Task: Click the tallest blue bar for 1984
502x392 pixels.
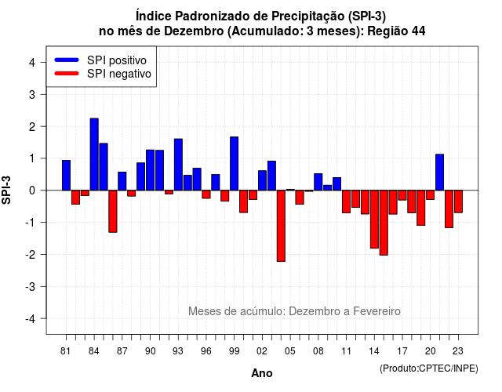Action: (94, 154)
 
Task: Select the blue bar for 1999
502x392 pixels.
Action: (234, 164)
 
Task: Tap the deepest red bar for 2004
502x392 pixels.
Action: (281, 226)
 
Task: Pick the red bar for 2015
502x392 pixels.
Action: (384, 223)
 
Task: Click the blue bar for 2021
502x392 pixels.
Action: (439, 172)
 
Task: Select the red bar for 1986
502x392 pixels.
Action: (113, 211)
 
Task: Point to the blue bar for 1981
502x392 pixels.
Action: (66, 176)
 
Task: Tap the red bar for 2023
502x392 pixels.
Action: (458, 201)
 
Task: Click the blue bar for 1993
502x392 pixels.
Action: (178, 165)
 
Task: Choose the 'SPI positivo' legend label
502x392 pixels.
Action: (117, 60)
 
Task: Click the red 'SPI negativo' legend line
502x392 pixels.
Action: (67, 74)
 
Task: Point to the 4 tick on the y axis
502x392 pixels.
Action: (43, 62)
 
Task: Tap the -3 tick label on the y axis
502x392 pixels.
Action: (31, 286)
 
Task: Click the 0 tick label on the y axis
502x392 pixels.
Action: (32, 191)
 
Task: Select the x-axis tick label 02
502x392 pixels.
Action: (262, 351)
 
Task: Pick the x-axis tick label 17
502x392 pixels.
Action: (402, 351)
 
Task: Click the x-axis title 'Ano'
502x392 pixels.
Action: (262, 373)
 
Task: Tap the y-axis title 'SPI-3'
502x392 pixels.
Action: (6, 190)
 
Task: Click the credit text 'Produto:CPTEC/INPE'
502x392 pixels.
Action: (429, 368)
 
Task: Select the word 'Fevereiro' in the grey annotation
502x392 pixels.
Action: (376, 311)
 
